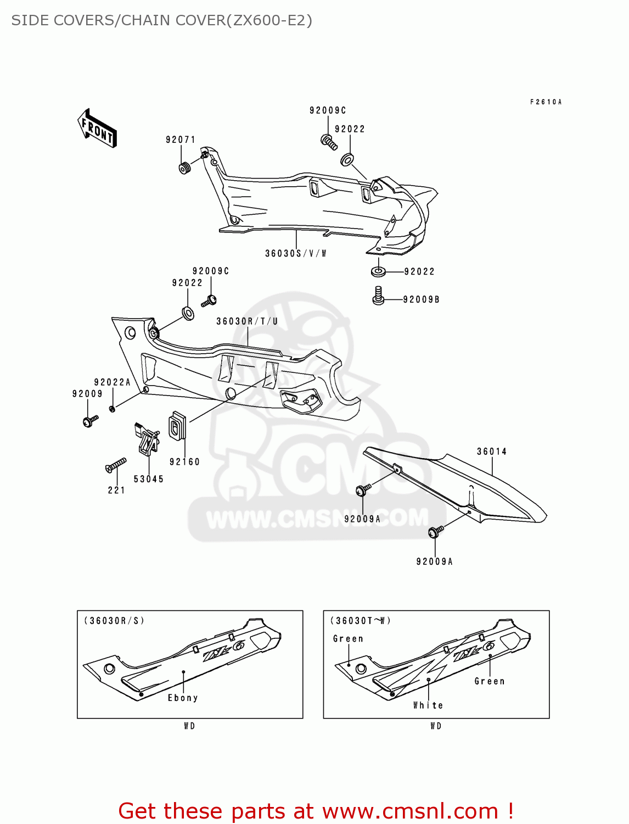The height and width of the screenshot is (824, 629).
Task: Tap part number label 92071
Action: point(181,140)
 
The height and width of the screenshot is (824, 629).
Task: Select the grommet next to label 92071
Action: point(185,166)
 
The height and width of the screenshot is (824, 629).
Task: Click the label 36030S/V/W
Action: point(296,253)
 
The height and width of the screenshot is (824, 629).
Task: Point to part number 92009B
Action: point(421,299)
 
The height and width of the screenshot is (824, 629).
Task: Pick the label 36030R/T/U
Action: point(247,321)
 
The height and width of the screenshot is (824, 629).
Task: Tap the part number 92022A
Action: point(112,382)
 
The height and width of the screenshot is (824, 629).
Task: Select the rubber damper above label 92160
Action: point(177,426)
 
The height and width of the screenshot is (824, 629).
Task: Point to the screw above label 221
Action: point(116,465)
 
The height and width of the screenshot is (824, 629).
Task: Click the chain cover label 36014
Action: point(491,452)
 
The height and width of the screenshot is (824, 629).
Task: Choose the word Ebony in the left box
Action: point(183,698)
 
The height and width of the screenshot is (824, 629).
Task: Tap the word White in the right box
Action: point(428,705)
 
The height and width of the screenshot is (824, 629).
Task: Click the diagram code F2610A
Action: point(546,102)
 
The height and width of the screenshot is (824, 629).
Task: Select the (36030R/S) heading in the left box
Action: point(114,621)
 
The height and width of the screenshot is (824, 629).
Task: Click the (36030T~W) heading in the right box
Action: point(361,621)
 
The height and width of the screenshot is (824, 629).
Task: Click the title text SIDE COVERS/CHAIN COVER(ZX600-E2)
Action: point(162,20)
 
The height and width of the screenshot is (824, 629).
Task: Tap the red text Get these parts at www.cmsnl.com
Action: point(316,811)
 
